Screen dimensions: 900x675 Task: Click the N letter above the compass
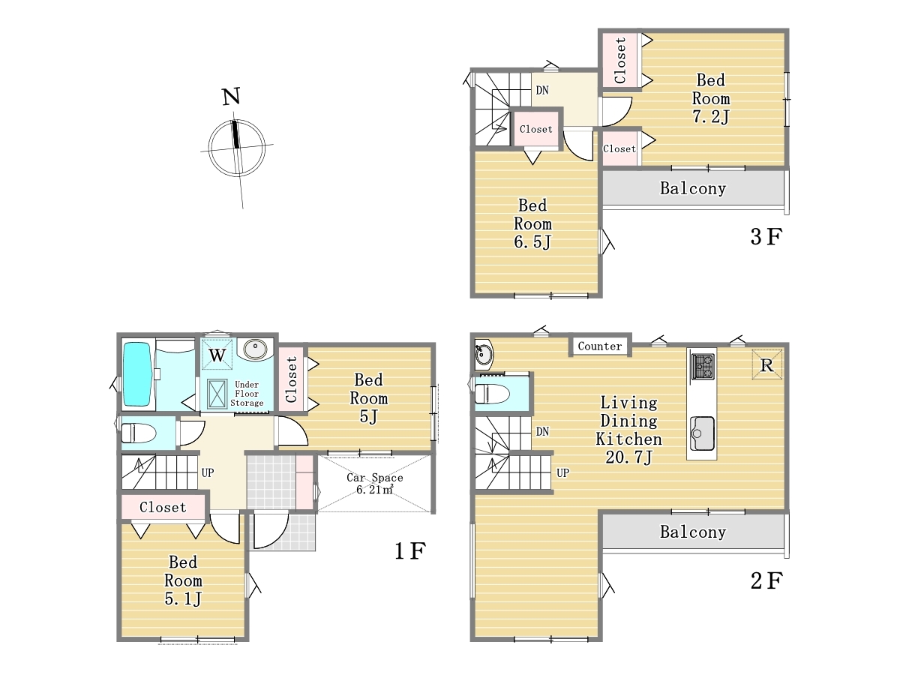[x=231, y=97]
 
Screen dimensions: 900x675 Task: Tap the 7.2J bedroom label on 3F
[x=710, y=98]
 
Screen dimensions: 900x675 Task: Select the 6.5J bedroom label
[x=532, y=223]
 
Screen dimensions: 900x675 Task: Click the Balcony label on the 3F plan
[x=693, y=188]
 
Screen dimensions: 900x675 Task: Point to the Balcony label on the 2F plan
[x=693, y=532]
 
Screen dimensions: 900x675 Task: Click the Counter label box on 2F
[x=599, y=346]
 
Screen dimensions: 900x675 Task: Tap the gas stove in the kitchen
[x=702, y=367]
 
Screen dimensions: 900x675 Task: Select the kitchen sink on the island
[x=701, y=433]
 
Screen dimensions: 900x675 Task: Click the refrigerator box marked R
[x=766, y=364]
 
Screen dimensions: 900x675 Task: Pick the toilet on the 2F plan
[x=492, y=394]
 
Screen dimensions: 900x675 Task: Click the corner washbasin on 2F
[x=484, y=354]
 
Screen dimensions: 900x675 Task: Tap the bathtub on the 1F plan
[x=136, y=374]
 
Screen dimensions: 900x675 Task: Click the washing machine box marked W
[x=217, y=355]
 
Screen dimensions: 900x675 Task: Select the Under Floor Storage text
[x=247, y=394]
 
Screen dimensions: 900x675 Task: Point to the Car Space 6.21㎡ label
[x=375, y=483]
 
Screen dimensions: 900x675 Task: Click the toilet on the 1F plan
[x=139, y=433]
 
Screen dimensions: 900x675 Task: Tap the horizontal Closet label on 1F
[x=163, y=508]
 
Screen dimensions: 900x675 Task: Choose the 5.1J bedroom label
[x=183, y=580]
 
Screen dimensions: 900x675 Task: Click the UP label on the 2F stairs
[x=562, y=473]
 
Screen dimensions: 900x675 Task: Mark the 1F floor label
[x=410, y=550]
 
